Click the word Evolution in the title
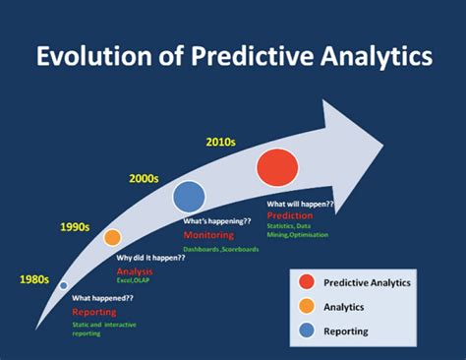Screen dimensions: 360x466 87,56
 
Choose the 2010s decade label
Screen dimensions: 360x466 221,142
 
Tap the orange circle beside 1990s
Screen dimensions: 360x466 113,237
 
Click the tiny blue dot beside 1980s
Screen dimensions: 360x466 64,284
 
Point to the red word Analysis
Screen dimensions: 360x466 136,270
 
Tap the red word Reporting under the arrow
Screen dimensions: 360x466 94,310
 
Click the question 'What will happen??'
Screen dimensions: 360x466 300,205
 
